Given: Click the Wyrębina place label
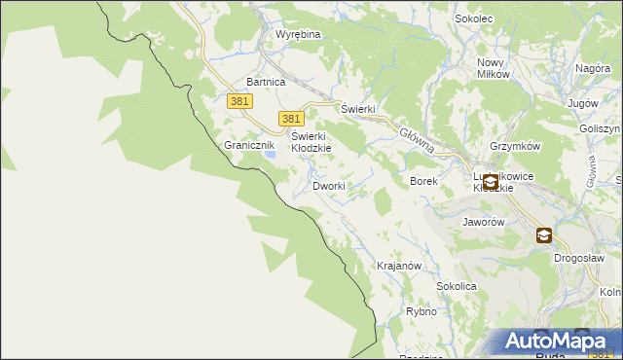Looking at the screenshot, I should pos(298,34).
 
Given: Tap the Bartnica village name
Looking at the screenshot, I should pos(266,83).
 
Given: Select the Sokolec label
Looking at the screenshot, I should pos(475,18).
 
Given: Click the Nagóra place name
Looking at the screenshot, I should pos(592,68).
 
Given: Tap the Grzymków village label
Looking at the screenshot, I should pos(515,145).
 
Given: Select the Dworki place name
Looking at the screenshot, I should pos(329,185).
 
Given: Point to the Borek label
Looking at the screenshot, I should pos(424,181).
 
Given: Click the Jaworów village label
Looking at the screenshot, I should pos(482,222).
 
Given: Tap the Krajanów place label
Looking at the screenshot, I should pos(398,266).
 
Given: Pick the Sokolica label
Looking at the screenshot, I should pos(457,287).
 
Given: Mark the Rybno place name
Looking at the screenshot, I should pos(421,312).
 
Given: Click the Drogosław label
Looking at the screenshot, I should pos(579,258).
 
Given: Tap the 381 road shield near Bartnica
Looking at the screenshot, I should pos(240,101).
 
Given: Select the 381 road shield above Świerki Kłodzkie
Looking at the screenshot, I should pos(289,118).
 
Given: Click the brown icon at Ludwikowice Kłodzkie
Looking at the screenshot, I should pos(490,182).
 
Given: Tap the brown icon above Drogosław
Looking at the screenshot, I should pos(543,234).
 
